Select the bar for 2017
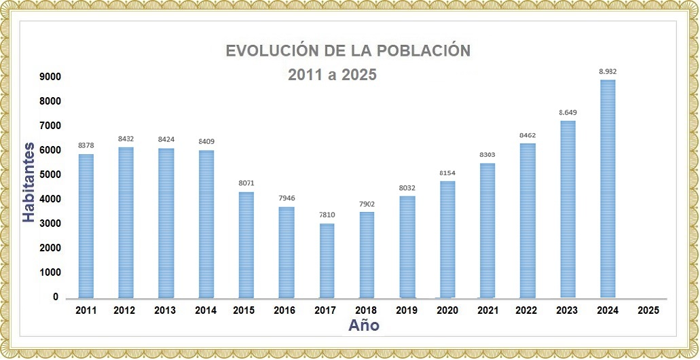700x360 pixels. tap(327, 261)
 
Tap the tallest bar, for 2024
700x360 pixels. tap(608, 189)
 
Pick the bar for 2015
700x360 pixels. tap(246, 245)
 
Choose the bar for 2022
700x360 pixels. tap(528, 221)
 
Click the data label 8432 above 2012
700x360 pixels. tap(126, 139)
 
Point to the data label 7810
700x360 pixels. tap(327, 215)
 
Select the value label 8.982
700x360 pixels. tap(608, 71)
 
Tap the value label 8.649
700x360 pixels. tap(568, 112)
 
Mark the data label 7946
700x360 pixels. tap(287, 198)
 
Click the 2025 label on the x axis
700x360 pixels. tap(648, 310)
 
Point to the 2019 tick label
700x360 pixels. tap(407, 310)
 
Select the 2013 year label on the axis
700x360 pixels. tap(166, 310)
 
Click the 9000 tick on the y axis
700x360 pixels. tap(50, 77)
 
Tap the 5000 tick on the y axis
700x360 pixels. tap(50, 175)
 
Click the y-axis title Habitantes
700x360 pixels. tap(29, 181)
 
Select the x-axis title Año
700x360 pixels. tap(364, 325)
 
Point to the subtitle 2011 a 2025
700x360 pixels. tap(332, 75)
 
